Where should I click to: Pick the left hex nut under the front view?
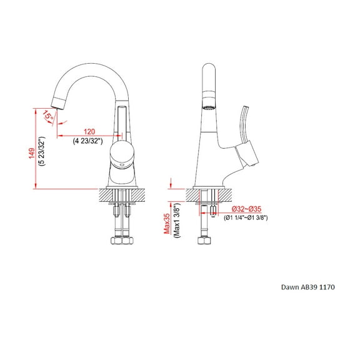click(x=115, y=241)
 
